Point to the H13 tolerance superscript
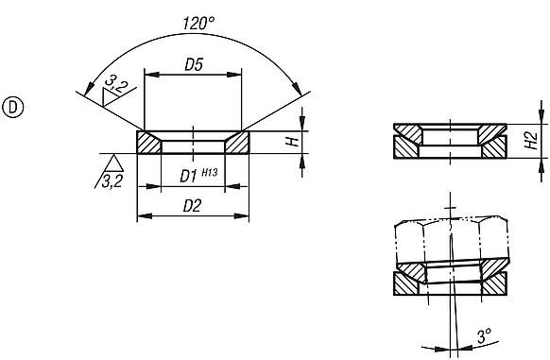point(210,171)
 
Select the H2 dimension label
point(531,140)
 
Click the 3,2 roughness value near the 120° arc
point(116,86)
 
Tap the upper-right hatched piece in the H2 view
point(492,129)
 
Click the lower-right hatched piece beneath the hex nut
point(498,282)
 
